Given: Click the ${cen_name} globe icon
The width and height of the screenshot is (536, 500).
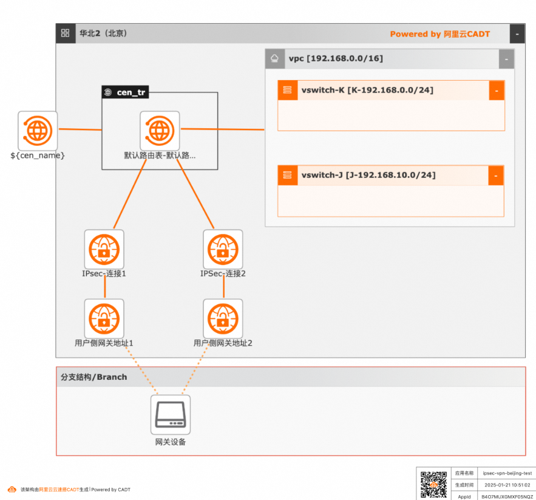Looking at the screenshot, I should click(x=38, y=130).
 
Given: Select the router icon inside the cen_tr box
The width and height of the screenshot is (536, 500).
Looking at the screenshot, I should click(x=160, y=130).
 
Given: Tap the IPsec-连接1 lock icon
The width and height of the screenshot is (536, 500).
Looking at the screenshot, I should click(x=104, y=249).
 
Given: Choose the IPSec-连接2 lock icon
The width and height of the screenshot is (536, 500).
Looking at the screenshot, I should click(x=223, y=249).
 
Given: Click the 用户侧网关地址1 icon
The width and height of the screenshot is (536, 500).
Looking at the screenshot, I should click(x=104, y=318).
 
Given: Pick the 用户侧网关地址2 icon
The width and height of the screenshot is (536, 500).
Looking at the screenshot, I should click(x=223, y=318).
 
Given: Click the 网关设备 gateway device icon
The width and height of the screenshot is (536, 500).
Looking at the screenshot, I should click(x=171, y=415).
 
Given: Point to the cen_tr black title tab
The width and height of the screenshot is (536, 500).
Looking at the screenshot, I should click(x=125, y=92).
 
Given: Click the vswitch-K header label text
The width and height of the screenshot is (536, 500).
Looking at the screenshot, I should click(x=367, y=91).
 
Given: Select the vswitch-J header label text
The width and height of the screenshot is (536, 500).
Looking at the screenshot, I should click(x=368, y=176).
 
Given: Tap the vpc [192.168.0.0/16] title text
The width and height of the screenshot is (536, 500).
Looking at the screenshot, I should click(x=336, y=59).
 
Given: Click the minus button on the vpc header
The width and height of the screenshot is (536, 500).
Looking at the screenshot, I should click(x=506, y=59).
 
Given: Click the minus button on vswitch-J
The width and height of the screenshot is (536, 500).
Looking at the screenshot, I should click(x=496, y=176).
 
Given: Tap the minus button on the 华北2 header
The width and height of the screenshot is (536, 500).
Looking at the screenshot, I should click(x=517, y=34).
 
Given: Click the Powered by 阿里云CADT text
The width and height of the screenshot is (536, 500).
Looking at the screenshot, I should click(x=439, y=34).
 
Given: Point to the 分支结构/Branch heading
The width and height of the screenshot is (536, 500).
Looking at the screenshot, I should click(x=94, y=377).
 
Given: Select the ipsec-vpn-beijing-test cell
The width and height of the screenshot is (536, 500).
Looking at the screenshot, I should click(x=507, y=473).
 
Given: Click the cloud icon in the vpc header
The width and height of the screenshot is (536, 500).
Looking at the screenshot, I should click(x=275, y=59).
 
